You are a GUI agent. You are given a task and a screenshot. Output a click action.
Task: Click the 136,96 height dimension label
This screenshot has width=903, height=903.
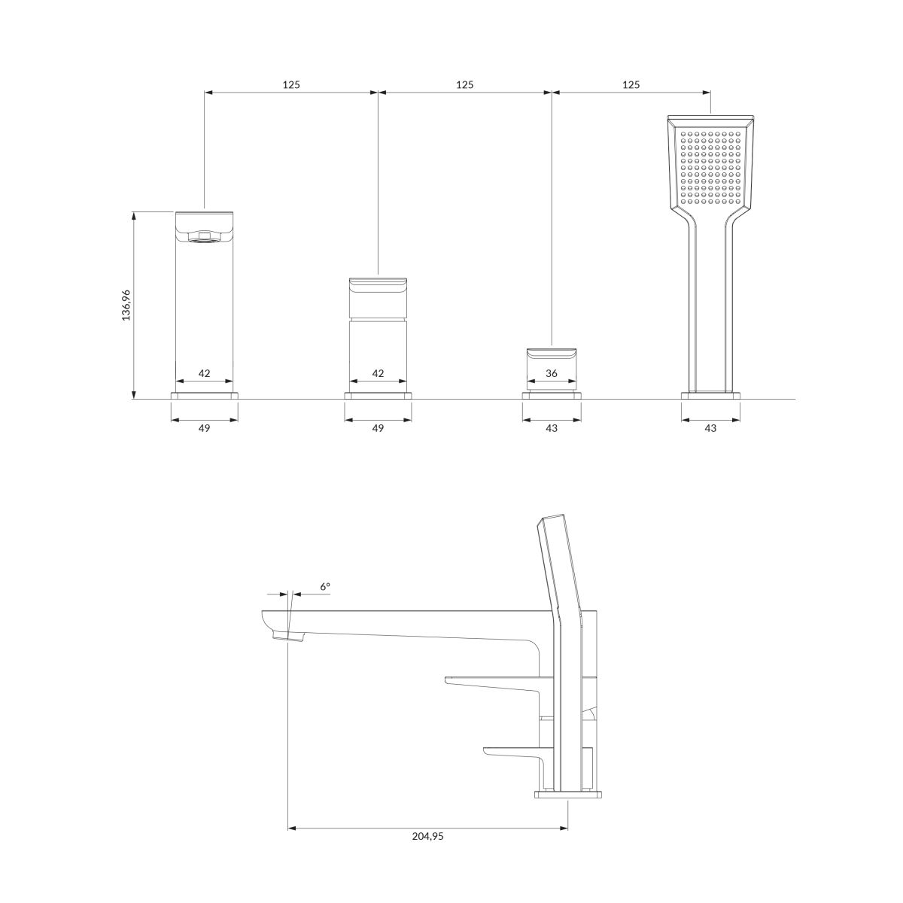pyautogui.click(x=126, y=305)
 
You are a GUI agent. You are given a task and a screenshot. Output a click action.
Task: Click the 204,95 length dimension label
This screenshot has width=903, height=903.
pyautogui.click(x=427, y=836)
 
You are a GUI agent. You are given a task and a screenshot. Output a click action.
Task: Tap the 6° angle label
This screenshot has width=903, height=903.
pyautogui.click(x=325, y=586)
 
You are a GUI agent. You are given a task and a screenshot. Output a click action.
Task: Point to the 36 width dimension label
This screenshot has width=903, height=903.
pyautogui.click(x=552, y=373)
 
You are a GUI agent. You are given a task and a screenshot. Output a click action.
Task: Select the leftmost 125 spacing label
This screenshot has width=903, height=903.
pyautogui.click(x=291, y=85)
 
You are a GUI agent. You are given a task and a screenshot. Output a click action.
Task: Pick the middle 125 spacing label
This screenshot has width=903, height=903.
pyautogui.click(x=465, y=85)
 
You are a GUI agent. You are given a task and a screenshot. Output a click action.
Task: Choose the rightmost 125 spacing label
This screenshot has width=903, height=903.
pyautogui.click(x=631, y=85)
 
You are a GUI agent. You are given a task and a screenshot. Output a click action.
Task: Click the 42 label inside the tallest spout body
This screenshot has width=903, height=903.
pyautogui.click(x=205, y=373)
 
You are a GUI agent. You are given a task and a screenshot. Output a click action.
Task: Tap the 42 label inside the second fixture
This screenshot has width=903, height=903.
pyautogui.click(x=378, y=373)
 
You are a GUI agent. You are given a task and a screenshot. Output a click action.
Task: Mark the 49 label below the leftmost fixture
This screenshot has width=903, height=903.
pyautogui.click(x=205, y=428)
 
